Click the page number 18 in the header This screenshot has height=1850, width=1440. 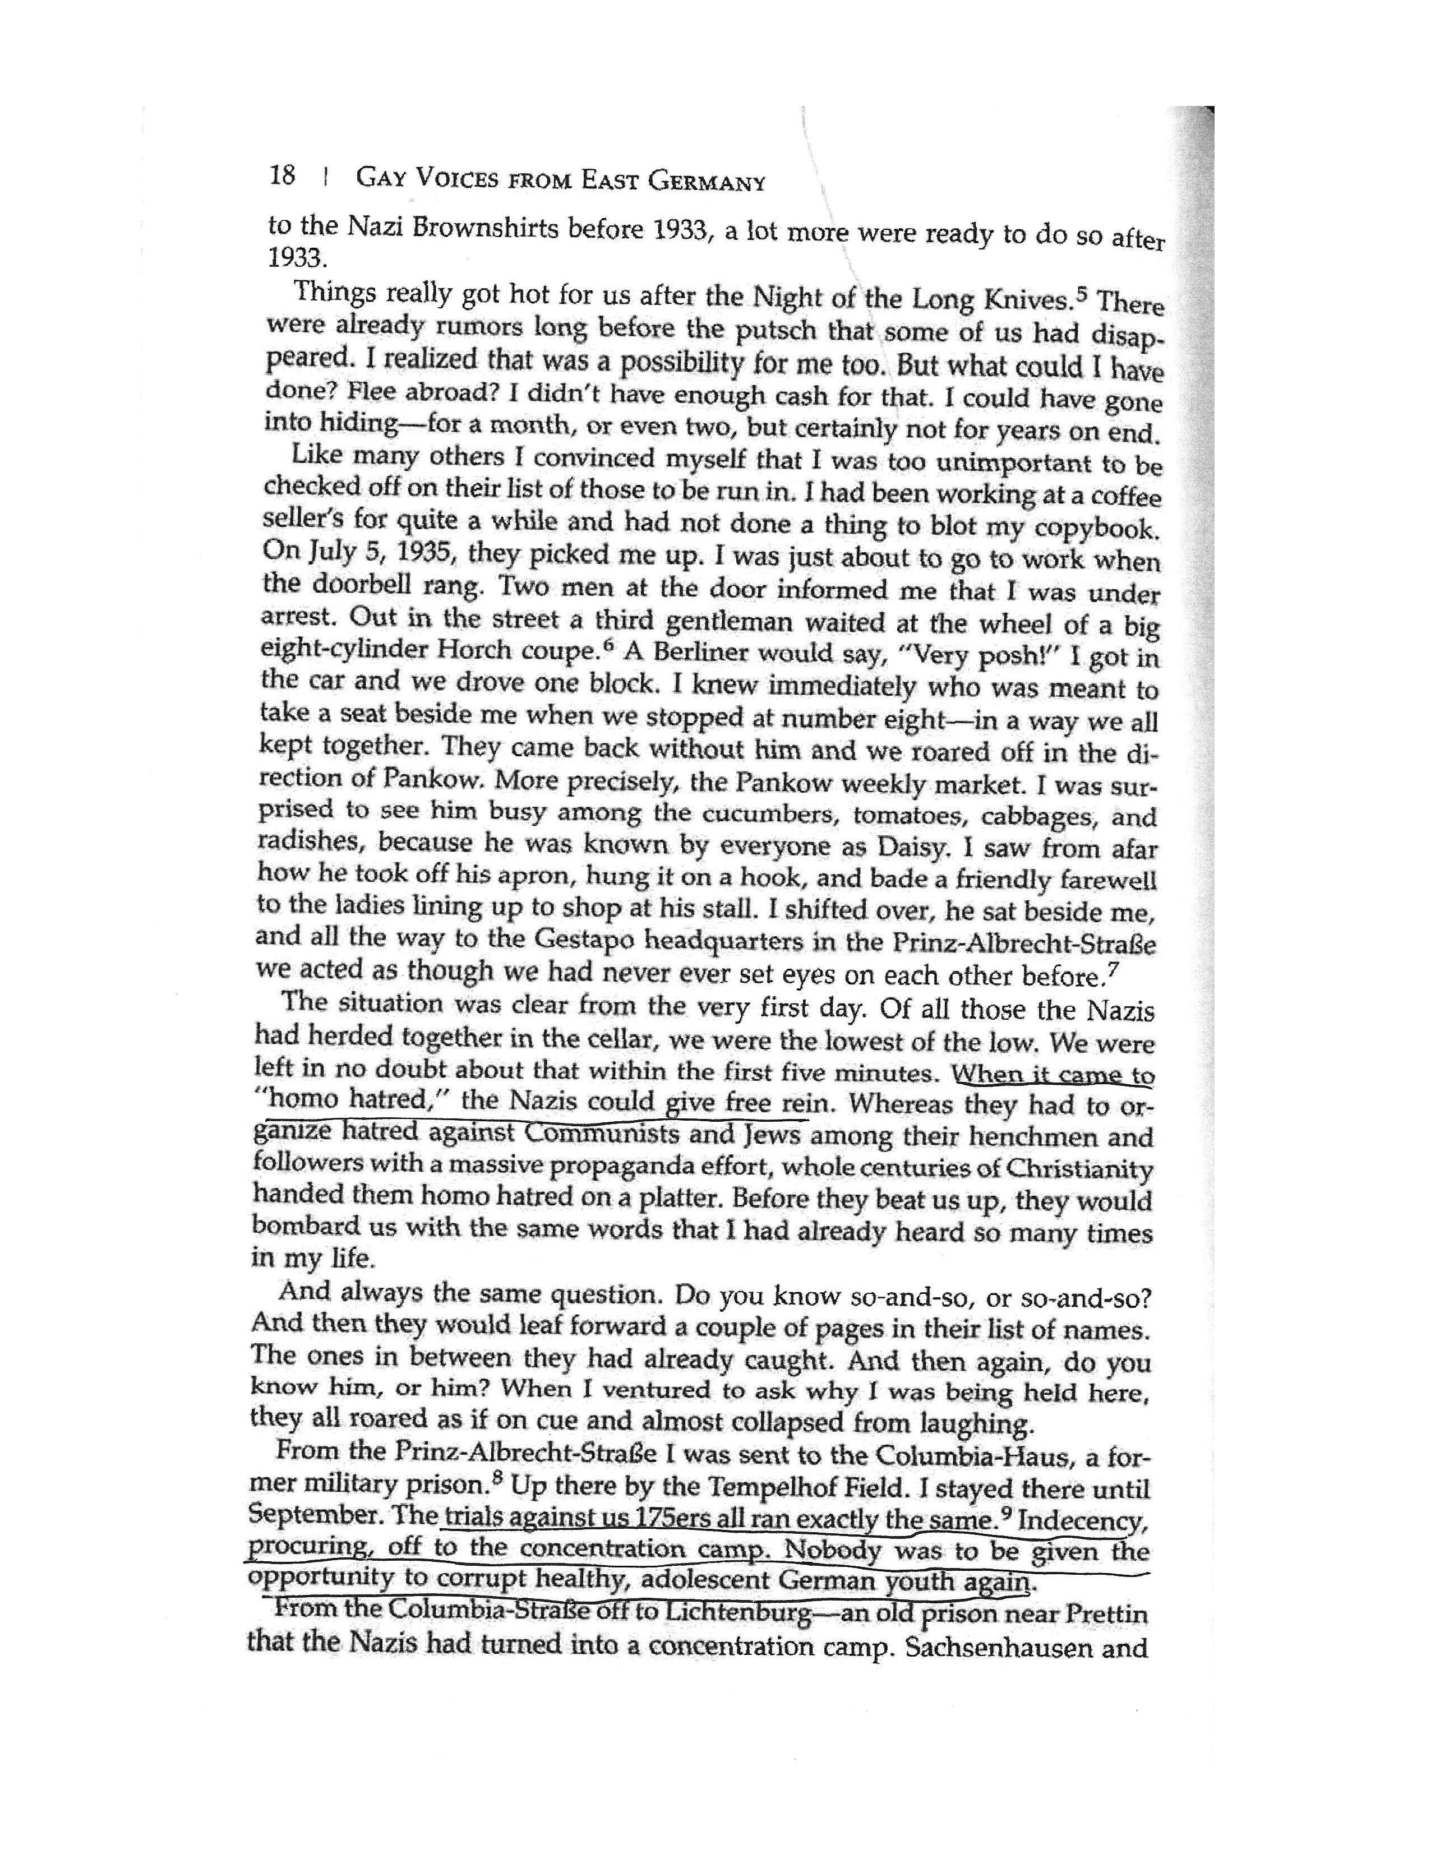point(282,176)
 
